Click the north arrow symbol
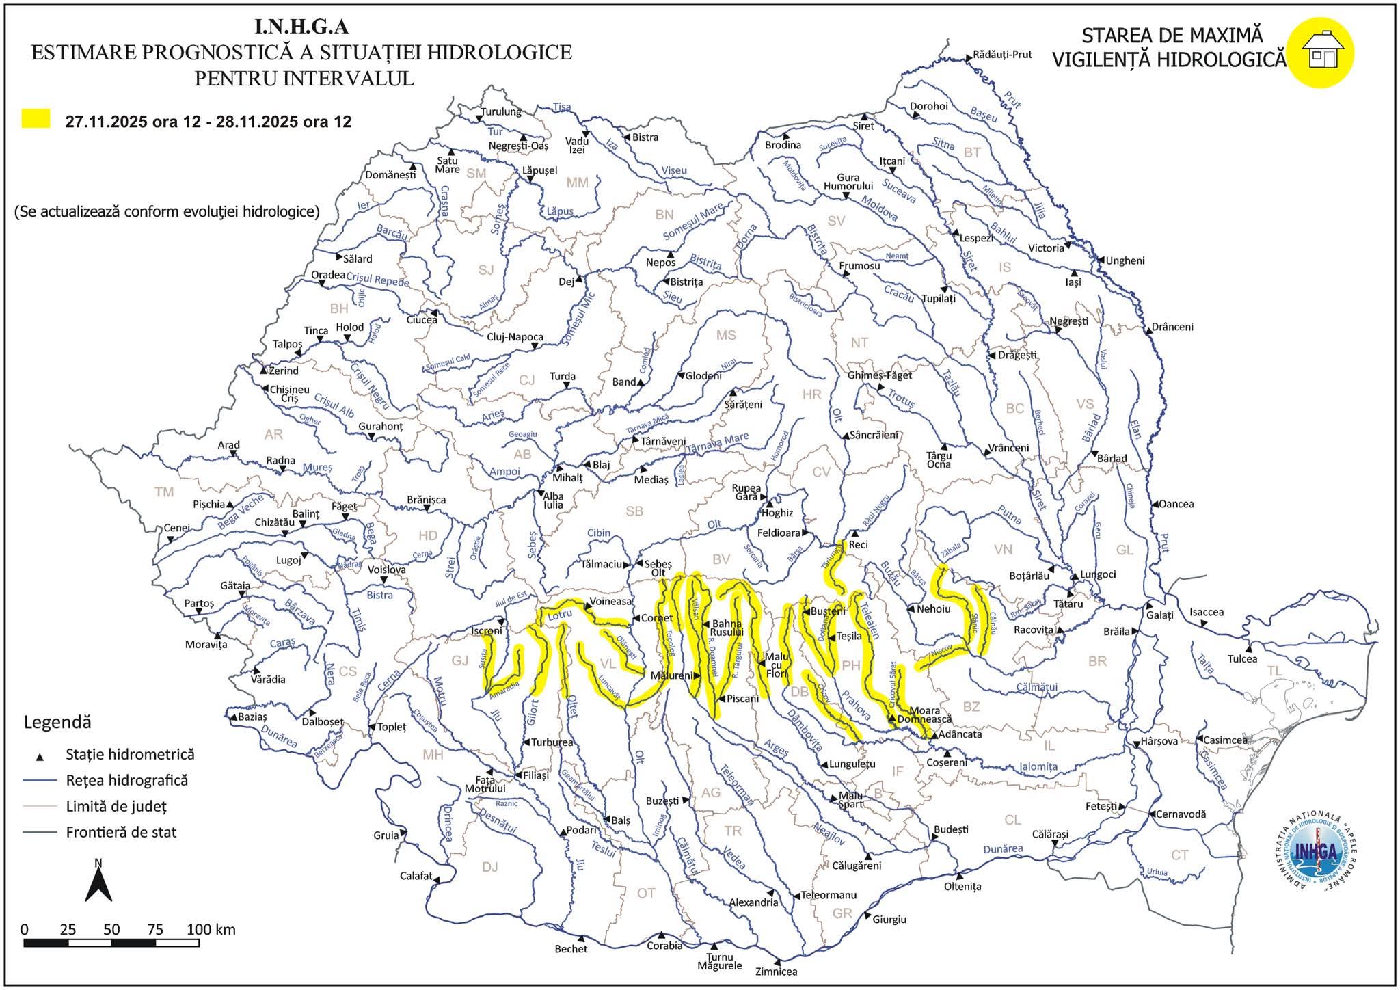98,881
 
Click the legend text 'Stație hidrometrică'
130,755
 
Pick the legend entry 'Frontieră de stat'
121,833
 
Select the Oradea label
328,275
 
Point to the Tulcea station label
1242,659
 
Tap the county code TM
164,492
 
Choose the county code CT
1179,855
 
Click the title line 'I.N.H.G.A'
301,27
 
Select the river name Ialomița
1038,766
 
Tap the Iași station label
1073,282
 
